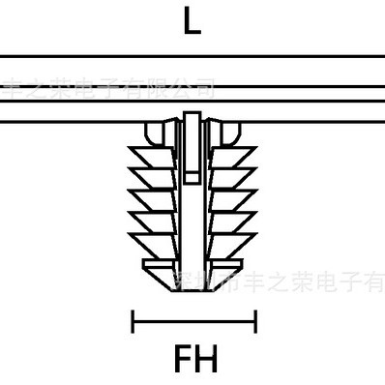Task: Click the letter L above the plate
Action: click(192, 22)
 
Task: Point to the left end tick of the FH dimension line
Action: click(133, 320)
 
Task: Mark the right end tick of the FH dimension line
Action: click(254, 320)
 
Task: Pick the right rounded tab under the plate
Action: click(229, 132)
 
